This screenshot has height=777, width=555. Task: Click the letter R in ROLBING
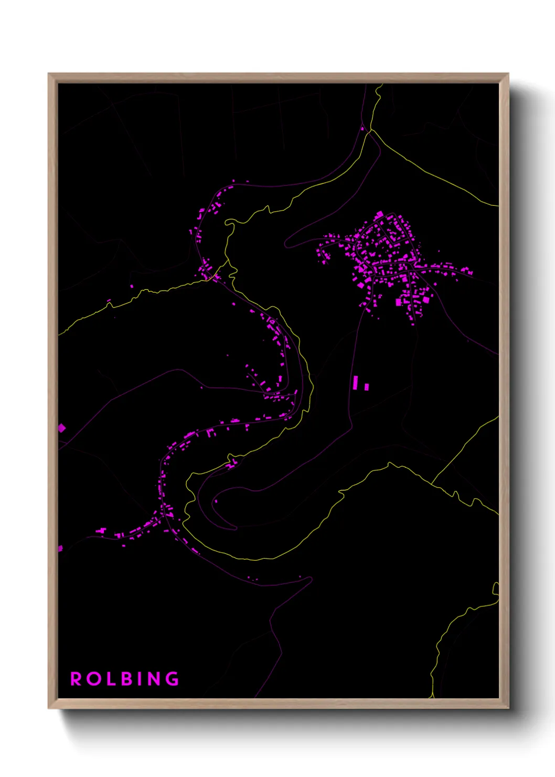point(76,679)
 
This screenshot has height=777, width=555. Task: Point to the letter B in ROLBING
point(126,679)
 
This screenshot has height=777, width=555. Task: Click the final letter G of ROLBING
point(172,679)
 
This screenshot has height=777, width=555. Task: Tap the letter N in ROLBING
point(154,679)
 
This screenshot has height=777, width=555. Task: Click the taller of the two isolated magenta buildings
point(356,382)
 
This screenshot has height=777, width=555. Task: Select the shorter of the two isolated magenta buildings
point(366,387)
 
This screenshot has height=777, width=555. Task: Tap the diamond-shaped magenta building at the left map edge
point(61,428)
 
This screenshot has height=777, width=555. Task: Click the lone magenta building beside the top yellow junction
point(362,128)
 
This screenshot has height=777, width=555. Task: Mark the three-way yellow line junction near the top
point(371,130)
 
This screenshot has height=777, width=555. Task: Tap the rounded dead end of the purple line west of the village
point(285,244)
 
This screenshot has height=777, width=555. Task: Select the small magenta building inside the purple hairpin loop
point(216,501)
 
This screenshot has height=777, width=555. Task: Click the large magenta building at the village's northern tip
point(379,215)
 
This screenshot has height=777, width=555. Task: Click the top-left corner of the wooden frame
point(49,74)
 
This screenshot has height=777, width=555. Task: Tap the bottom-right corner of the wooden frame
point(508,708)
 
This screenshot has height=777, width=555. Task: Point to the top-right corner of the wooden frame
point(508,74)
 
